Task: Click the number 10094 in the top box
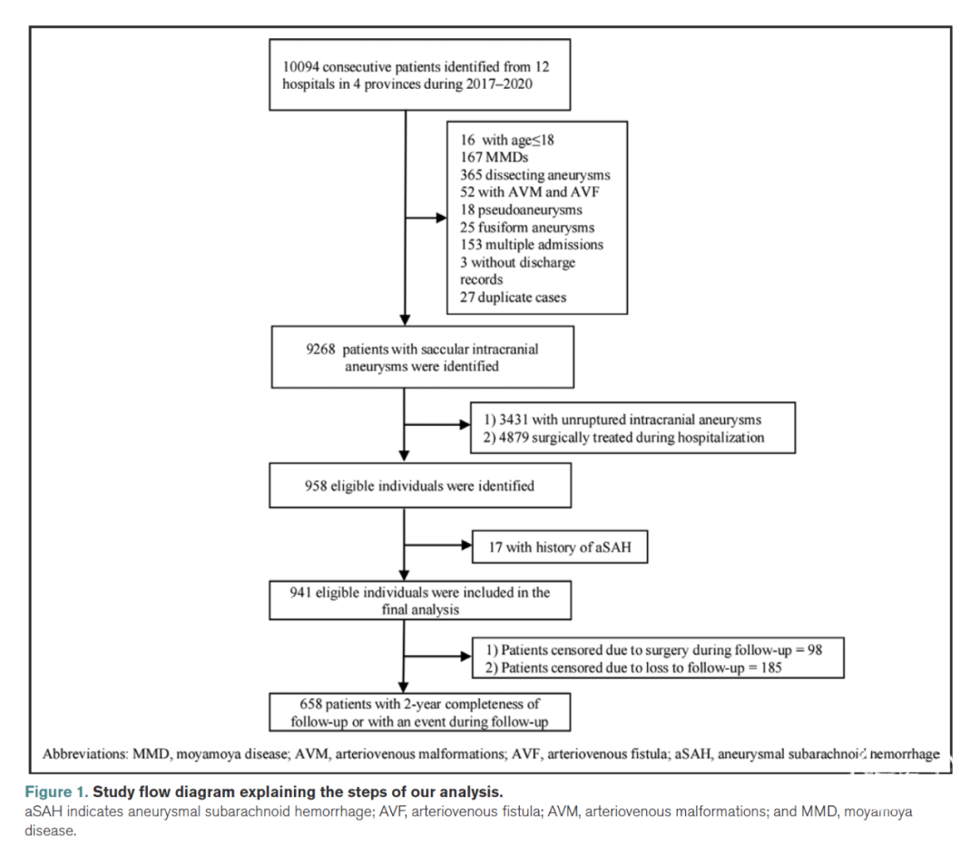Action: tap(300, 67)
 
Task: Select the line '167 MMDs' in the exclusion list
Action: tap(494, 157)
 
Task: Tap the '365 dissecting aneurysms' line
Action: tap(535, 175)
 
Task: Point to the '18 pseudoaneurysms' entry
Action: tap(521, 210)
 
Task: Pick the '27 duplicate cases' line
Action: tap(513, 297)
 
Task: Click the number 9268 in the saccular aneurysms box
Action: tap(320, 349)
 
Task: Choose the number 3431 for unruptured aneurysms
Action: tap(513, 419)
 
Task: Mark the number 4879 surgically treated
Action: tap(514, 437)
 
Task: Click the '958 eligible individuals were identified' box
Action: tap(420, 486)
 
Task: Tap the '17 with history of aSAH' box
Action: tap(559, 547)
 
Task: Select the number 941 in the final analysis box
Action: tap(300, 592)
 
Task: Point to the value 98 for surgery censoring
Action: tap(815, 650)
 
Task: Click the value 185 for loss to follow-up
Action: tap(771, 667)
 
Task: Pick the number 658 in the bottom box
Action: tap(310, 703)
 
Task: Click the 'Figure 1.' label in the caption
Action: tap(56, 792)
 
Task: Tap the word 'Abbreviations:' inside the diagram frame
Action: tap(85, 753)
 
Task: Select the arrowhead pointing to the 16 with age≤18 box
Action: tap(442, 218)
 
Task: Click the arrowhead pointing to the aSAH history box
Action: tap(467, 546)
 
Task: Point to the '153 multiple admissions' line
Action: tap(532, 244)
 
